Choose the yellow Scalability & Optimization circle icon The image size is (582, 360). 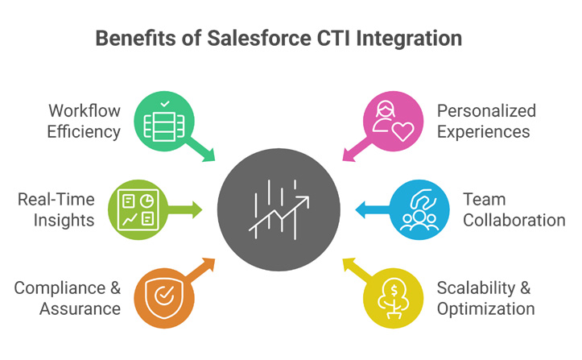pyautogui.click(x=394, y=297)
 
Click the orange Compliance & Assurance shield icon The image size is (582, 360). pyautogui.click(x=163, y=297)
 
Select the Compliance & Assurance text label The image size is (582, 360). pyautogui.click(x=67, y=298)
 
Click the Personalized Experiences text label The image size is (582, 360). pyautogui.click(x=486, y=121)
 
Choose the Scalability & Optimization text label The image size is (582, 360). pyautogui.click(x=485, y=298)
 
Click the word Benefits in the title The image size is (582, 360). pyautogui.click(x=129, y=38)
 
